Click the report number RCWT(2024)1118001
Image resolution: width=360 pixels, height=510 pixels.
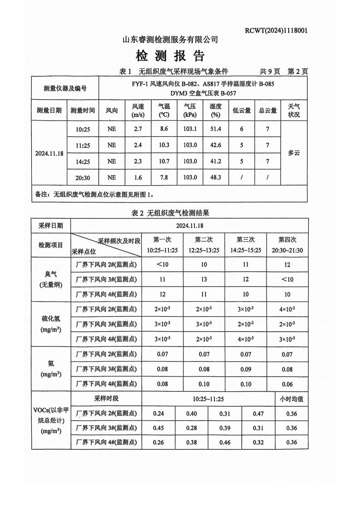(x=276, y=31)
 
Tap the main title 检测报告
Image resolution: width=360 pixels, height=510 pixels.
(x=170, y=56)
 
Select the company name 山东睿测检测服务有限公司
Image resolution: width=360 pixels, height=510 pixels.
(x=170, y=40)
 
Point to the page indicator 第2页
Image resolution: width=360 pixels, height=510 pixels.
(x=298, y=71)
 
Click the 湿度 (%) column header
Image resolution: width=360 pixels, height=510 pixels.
(x=216, y=110)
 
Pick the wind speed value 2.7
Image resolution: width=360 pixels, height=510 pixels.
(x=138, y=129)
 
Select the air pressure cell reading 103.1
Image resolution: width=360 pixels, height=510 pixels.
(x=190, y=129)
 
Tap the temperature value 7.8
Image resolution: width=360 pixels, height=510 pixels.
(x=164, y=177)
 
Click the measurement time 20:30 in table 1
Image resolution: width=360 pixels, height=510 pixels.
(x=82, y=177)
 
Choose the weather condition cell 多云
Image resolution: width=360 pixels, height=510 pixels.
(x=294, y=153)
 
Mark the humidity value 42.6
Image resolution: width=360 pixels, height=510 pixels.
(x=216, y=145)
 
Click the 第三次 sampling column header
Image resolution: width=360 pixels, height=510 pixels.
(x=246, y=245)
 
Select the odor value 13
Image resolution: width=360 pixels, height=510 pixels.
(x=204, y=279)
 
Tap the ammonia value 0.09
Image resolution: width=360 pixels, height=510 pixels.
(x=246, y=369)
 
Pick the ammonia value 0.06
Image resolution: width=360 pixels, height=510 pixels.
(x=287, y=384)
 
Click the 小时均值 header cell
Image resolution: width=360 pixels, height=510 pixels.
(x=291, y=399)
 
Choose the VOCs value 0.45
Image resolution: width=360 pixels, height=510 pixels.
(x=158, y=428)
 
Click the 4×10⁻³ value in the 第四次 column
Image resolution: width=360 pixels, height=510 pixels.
(x=287, y=309)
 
